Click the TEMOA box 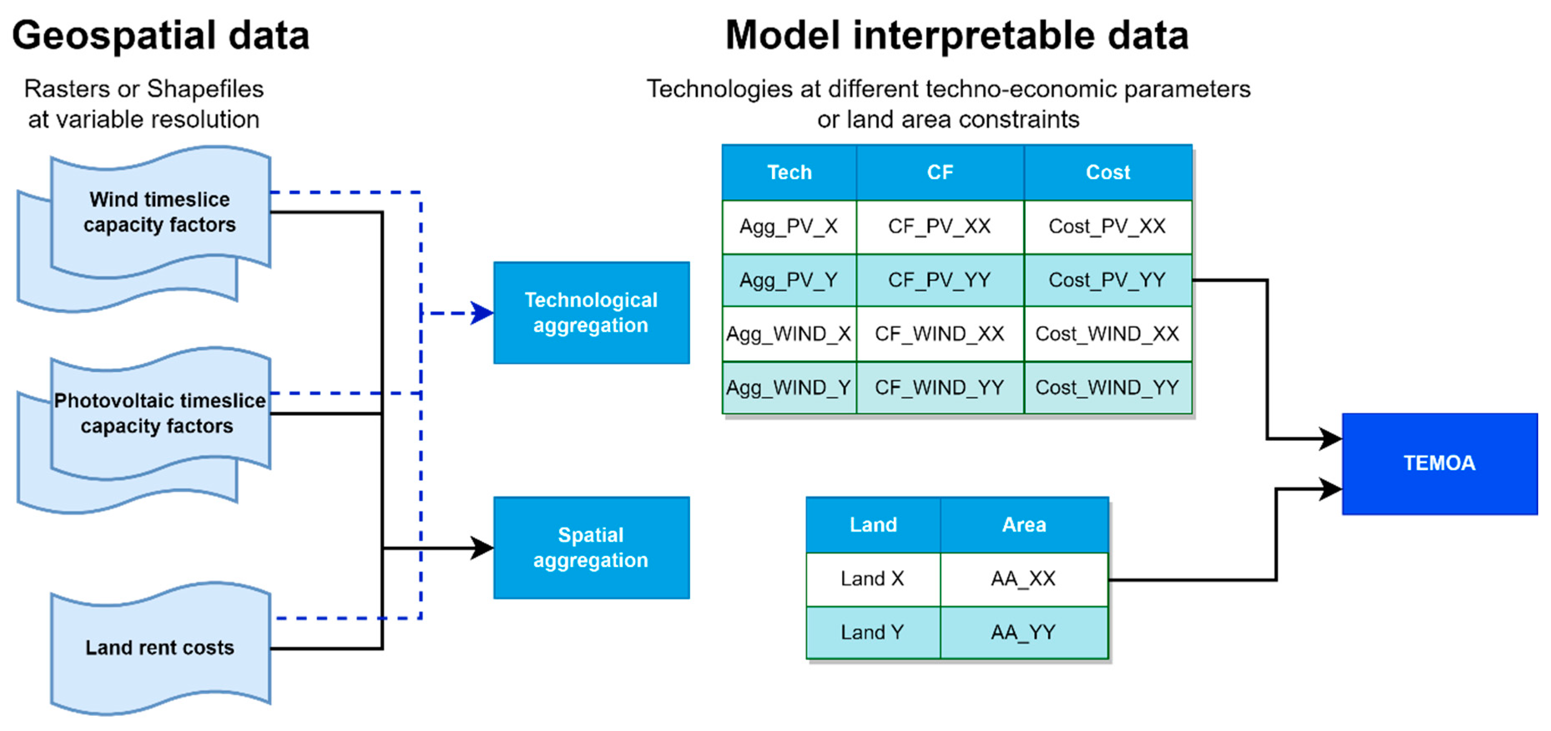(1440, 463)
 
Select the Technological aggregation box (591, 313)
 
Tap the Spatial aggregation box (591, 548)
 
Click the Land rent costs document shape (161, 648)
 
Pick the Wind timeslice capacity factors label (159, 211)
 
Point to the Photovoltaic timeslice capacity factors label (159, 413)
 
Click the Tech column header (789, 173)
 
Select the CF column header (940, 173)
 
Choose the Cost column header (1108, 173)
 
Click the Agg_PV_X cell (789, 226)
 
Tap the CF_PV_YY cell (940, 280)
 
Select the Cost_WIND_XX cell (1108, 334)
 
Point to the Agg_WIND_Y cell (789, 388)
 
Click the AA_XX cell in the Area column (1024, 579)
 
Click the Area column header (1024, 525)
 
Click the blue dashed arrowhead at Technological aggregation (482, 313)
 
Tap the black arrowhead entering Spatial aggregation (482, 548)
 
